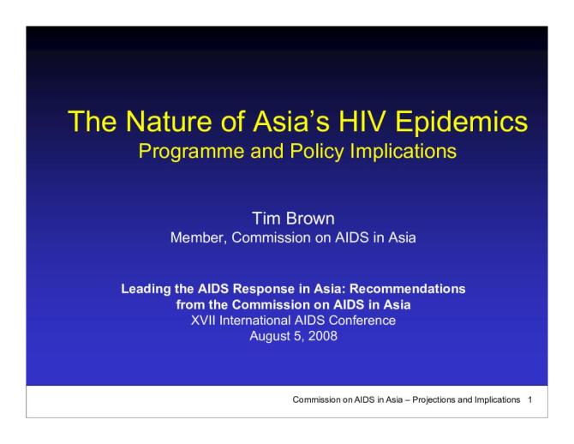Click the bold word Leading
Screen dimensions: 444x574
(x=146, y=289)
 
